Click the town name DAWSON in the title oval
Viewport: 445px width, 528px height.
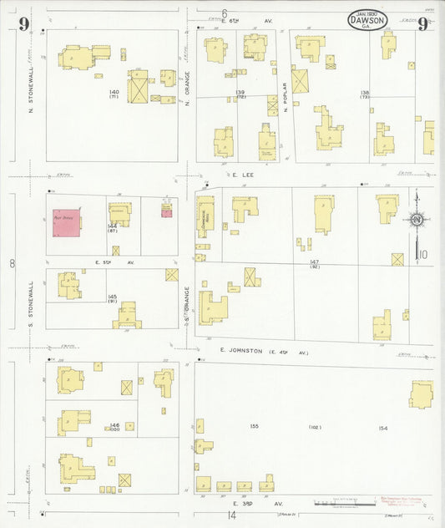point(367,22)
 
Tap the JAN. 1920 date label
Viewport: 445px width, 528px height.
point(367,13)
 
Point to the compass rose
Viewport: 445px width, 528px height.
point(416,221)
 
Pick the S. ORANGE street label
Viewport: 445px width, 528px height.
point(188,305)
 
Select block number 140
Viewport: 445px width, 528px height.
point(114,91)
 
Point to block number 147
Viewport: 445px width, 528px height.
point(315,261)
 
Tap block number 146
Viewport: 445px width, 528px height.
point(114,425)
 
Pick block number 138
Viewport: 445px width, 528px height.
point(365,92)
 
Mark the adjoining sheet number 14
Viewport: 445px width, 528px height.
point(230,515)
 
